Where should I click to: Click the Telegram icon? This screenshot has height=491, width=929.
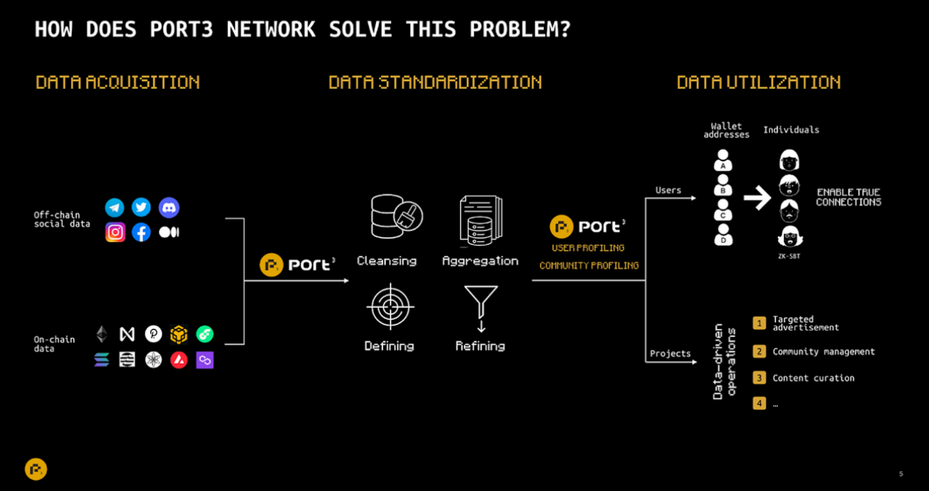click(115, 208)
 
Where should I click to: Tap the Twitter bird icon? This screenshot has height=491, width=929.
click(141, 207)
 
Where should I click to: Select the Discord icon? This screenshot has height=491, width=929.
click(169, 207)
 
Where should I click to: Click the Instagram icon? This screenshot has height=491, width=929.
click(115, 232)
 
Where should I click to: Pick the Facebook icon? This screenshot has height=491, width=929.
click(141, 232)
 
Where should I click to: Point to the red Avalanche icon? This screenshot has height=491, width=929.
click(179, 360)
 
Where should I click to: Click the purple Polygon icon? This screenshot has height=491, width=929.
click(205, 360)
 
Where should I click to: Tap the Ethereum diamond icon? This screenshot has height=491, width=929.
click(102, 334)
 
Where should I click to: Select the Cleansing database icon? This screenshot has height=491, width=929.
click(396, 216)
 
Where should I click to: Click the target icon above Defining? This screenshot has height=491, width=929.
click(390, 307)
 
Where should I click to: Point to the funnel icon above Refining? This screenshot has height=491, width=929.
click(481, 309)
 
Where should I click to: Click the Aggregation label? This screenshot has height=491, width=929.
click(480, 261)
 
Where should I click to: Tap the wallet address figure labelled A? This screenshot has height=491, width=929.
click(723, 161)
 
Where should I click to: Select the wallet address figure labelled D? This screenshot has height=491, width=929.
click(724, 235)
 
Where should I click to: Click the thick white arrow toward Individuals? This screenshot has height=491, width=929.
click(757, 198)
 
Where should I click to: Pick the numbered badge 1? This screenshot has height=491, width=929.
click(759, 323)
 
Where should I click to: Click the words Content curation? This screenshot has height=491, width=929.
click(814, 378)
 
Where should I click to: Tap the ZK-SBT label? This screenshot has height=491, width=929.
click(789, 256)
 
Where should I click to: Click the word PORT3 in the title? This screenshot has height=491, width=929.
click(181, 30)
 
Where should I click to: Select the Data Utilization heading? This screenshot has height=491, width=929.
click(758, 82)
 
